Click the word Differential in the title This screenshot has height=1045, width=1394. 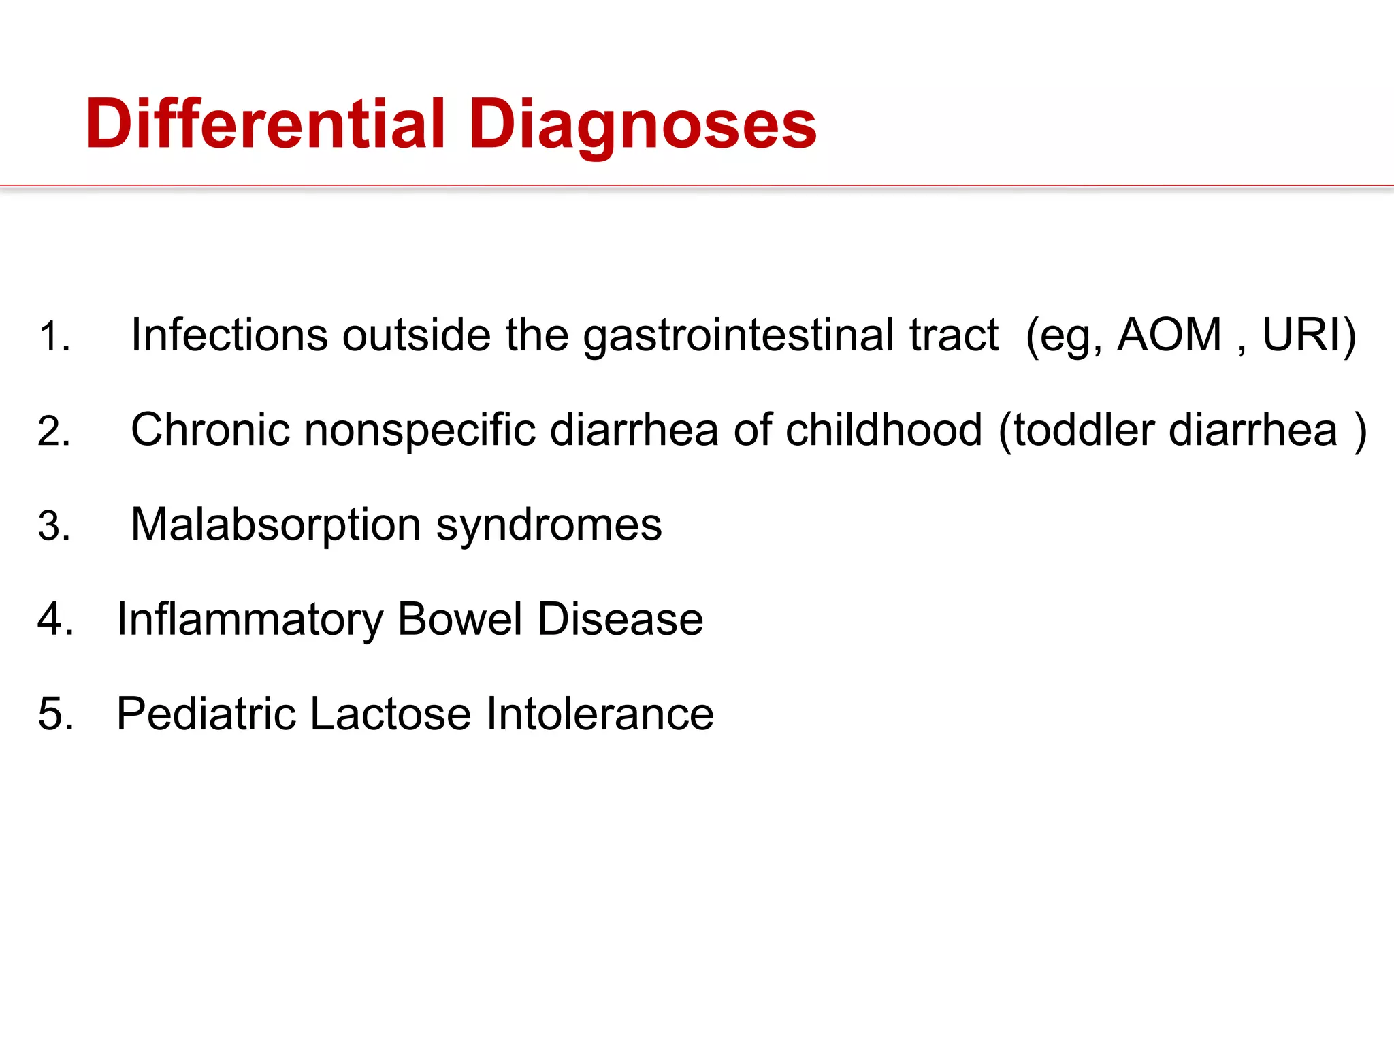(265, 124)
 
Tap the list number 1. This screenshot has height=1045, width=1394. (53, 337)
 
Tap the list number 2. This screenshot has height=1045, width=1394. (54, 431)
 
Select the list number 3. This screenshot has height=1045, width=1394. (54, 526)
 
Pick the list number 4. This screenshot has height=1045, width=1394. (55, 620)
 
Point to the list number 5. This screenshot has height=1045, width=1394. (55, 714)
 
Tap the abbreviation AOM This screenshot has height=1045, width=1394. (1169, 335)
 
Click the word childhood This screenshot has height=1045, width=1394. (884, 430)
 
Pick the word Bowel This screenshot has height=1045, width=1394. (459, 620)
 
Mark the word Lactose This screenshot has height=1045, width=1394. (391, 714)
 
